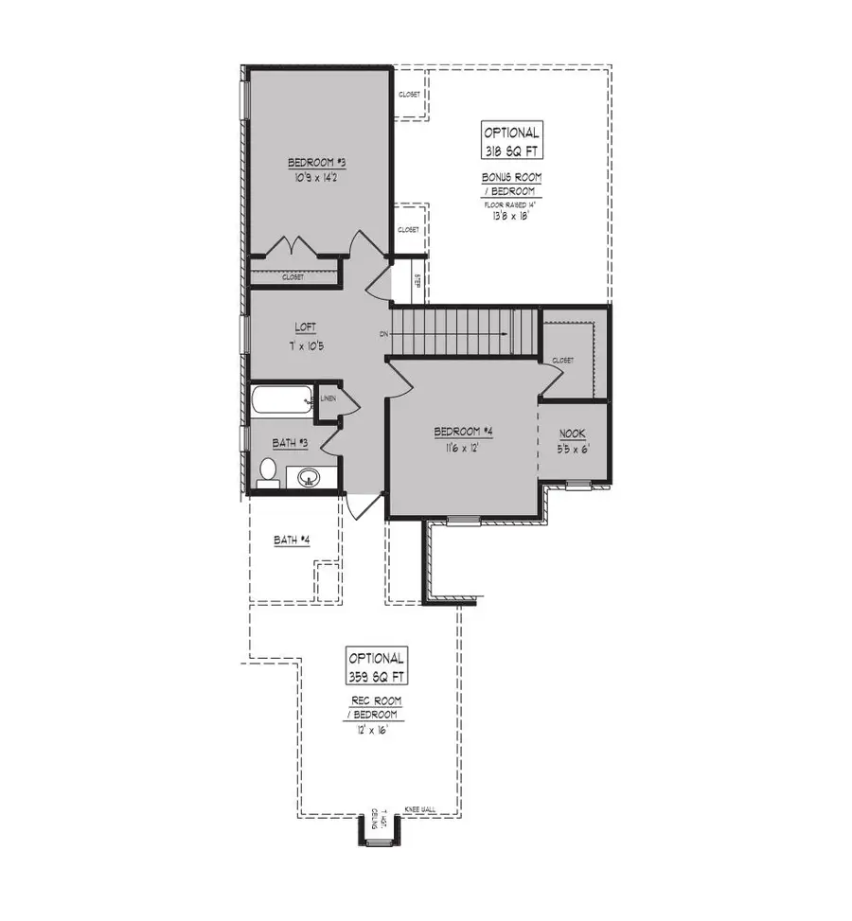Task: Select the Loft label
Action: click(x=305, y=328)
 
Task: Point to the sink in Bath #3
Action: click(x=308, y=477)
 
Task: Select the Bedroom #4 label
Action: click(x=463, y=433)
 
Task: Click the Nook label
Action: click(x=574, y=434)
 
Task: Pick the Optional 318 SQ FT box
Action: click(x=512, y=141)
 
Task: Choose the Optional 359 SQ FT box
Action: click(x=377, y=667)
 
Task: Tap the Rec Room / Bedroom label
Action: click(x=376, y=707)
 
